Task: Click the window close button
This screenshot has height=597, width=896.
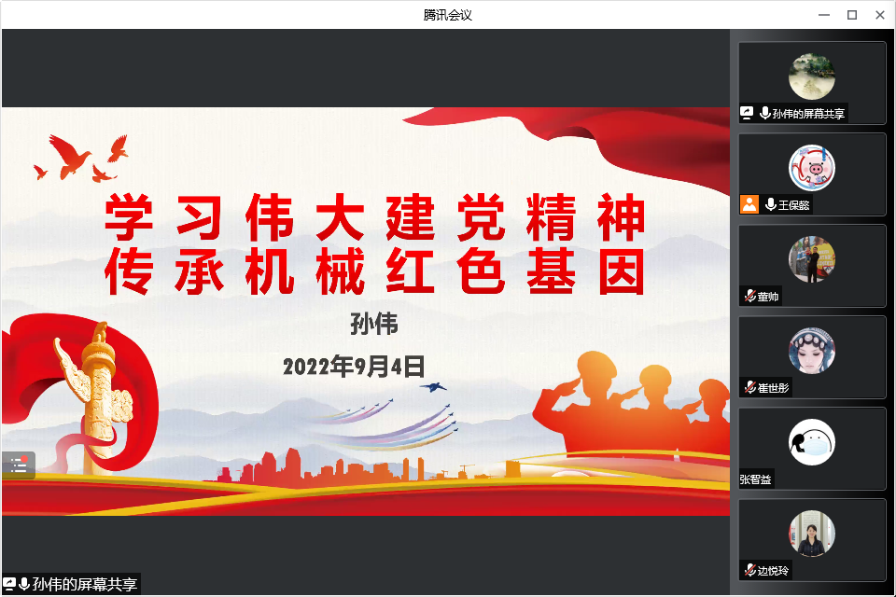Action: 880,15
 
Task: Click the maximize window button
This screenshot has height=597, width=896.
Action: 852,15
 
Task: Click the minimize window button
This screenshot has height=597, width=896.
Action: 824,15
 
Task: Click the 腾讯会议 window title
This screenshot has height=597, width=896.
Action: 447,15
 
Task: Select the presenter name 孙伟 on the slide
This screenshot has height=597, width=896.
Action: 374,324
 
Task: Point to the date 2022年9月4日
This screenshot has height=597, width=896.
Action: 354,367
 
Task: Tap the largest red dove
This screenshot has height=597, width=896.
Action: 69,157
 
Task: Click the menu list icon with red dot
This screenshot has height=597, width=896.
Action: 19,465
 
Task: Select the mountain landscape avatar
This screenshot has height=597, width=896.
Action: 811,76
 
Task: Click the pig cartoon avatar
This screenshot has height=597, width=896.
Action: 811,168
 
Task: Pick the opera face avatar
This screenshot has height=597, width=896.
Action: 811,351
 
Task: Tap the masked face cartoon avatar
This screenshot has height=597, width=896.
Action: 811,442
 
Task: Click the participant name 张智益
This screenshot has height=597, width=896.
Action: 755,479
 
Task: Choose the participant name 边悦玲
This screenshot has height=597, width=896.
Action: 773,570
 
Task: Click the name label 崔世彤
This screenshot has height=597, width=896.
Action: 773,388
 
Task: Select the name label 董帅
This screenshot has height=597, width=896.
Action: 768,297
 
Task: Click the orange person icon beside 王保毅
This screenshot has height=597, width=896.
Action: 749,204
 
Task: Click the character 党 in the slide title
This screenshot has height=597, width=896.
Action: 482,217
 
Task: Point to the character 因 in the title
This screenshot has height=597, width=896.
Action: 622,271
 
